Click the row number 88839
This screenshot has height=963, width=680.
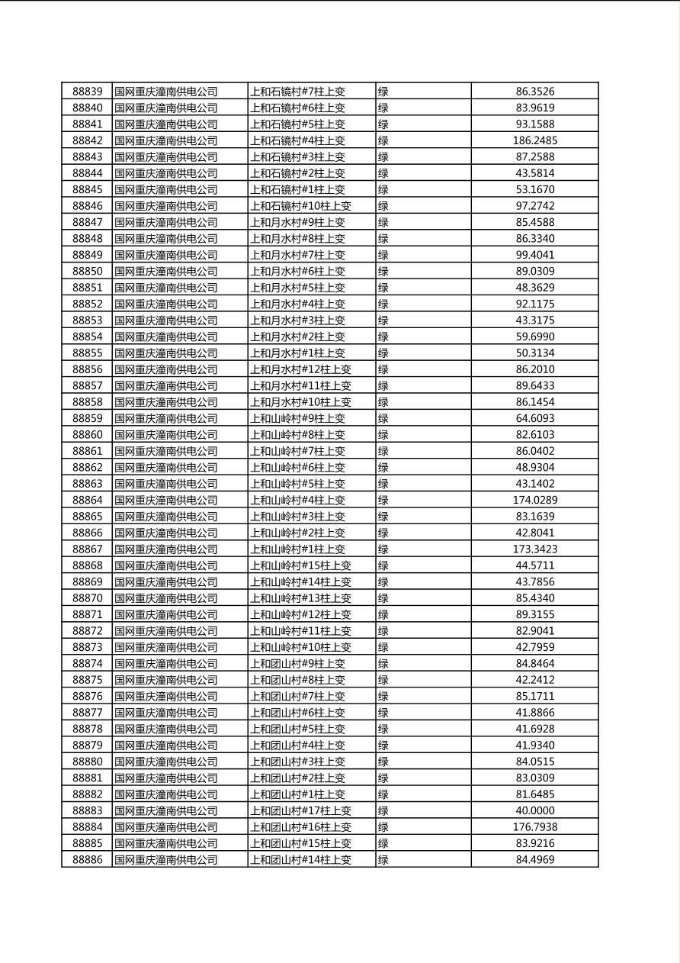(x=87, y=92)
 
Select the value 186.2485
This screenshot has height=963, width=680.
(x=534, y=140)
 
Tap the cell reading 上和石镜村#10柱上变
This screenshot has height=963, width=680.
(x=300, y=206)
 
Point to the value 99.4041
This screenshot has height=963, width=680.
(x=534, y=255)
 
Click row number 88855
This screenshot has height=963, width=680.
(x=87, y=353)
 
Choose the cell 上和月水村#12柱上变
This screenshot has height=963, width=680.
(x=300, y=369)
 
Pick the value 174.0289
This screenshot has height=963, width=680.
(x=534, y=501)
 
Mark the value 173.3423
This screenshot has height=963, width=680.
(x=534, y=549)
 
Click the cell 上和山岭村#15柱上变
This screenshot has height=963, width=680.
(x=300, y=565)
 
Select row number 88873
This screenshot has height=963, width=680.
(x=87, y=647)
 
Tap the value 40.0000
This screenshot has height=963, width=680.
(x=534, y=810)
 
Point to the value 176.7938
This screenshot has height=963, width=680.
(x=534, y=827)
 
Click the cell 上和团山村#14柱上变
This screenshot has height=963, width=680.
(x=300, y=860)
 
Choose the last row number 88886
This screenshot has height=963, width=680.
(x=87, y=860)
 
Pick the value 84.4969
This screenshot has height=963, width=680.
(x=534, y=860)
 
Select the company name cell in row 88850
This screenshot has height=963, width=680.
(x=165, y=272)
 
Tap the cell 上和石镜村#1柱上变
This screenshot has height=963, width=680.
(x=297, y=189)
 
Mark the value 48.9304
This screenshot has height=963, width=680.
(x=534, y=468)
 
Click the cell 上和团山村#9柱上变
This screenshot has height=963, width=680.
(x=297, y=664)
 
